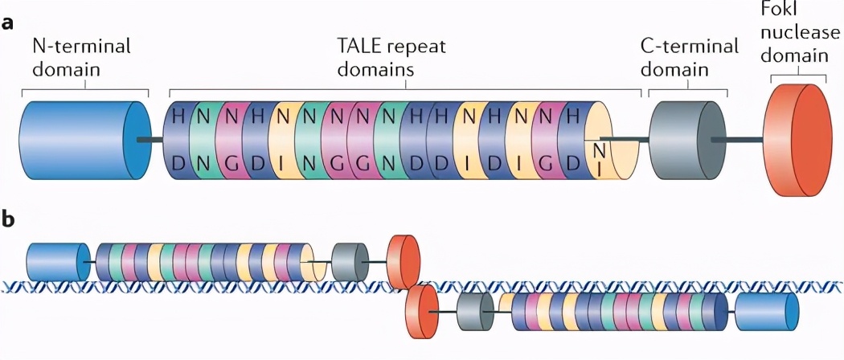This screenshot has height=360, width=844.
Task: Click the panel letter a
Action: click(x=9, y=22)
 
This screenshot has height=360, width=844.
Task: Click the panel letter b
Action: click(x=9, y=218)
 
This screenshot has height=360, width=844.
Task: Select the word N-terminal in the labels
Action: click(x=81, y=46)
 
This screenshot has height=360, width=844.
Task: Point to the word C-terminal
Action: click(x=689, y=46)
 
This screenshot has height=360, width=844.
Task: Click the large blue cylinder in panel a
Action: click(x=80, y=140)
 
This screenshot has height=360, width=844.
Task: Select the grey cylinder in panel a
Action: click(x=684, y=140)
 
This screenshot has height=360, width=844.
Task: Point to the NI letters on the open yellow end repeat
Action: click(x=598, y=157)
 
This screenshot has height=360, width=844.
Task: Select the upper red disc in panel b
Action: click(x=404, y=261)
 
